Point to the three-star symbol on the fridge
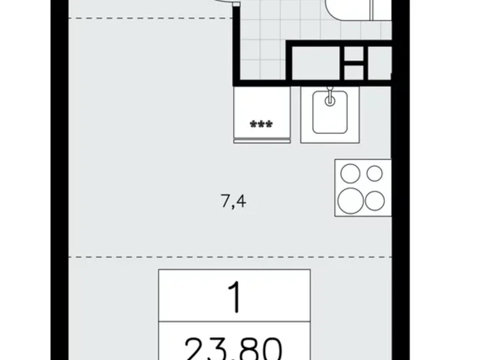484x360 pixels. click(x=261, y=125)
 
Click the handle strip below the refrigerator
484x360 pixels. click(x=261, y=141)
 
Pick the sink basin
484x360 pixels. click(x=329, y=114)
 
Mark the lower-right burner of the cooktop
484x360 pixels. click(x=375, y=200)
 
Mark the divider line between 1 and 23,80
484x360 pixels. click(x=234, y=322)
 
